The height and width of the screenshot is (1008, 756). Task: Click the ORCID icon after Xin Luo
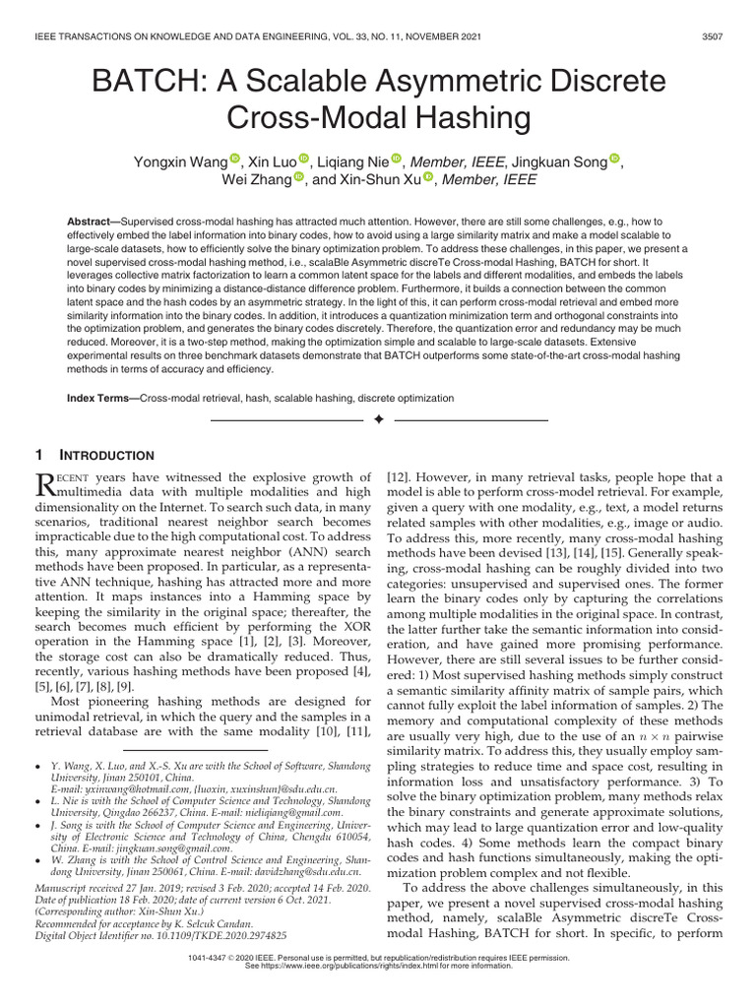303,159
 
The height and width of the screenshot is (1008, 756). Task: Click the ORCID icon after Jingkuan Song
615,159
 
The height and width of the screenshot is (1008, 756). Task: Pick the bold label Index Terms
101,399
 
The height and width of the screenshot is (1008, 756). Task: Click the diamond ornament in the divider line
378,420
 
